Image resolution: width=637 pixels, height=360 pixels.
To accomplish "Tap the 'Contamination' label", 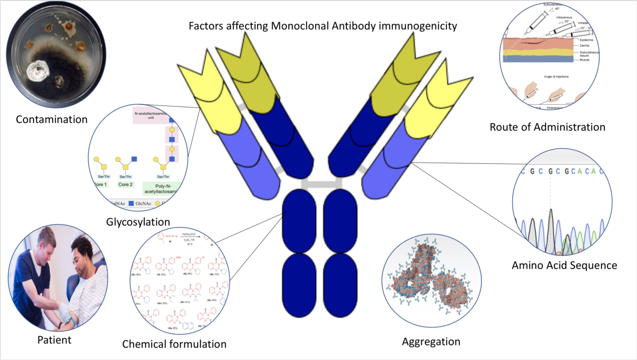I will coord(51,119).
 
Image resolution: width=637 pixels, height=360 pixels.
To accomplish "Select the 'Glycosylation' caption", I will coord(138,222).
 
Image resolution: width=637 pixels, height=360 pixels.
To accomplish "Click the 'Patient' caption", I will coord(54,340).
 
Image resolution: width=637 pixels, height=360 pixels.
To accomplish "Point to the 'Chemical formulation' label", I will coord(174,344).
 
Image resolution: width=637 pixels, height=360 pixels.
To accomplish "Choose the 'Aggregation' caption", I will coord(431,342).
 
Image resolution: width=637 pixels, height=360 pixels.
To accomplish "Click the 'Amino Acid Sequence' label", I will coord(564,265).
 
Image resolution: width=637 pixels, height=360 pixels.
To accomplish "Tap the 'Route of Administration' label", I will coord(547,127).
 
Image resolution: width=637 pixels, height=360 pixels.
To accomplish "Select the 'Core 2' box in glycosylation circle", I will coord(125,185).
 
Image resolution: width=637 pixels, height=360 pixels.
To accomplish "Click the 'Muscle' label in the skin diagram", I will coord(584,60).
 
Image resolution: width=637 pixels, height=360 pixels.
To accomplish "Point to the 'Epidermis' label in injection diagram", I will coord(586,40).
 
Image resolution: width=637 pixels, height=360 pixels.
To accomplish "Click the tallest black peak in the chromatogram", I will coord(551,230).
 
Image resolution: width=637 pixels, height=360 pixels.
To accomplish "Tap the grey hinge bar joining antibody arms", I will coord(321,183).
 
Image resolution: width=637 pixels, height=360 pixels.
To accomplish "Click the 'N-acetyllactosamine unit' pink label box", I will coord(150,115).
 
